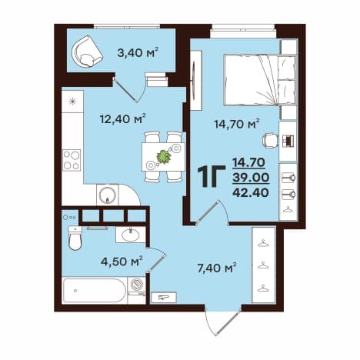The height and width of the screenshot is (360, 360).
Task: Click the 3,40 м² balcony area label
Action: (x=137, y=53)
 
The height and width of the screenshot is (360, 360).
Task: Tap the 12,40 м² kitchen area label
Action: (x=123, y=118)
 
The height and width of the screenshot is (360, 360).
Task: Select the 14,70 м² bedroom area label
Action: (x=237, y=125)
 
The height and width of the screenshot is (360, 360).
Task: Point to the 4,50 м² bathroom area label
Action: (x=122, y=262)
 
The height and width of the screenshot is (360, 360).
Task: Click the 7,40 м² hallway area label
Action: (x=217, y=268)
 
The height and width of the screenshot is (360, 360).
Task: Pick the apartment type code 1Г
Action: (x=212, y=177)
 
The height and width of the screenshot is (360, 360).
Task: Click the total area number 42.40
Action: (x=251, y=192)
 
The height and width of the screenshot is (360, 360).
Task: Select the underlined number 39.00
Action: (x=251, y=177)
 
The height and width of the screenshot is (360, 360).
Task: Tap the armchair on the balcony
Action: (x=87, y=52)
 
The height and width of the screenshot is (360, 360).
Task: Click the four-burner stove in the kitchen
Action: (x=72, y=160)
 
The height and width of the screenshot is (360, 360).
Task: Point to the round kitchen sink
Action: (x=108, y=195)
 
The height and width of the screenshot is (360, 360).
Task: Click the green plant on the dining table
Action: (x=164, y=157)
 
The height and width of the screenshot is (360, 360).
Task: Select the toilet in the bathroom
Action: (x=75, y=238)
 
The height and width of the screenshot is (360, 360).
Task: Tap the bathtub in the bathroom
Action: (x=95, y=291)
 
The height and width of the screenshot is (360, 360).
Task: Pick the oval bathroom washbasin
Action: (x=131, y=235)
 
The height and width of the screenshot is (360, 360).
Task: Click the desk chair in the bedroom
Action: (x=270, y=141)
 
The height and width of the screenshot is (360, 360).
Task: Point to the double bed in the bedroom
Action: (x=259, y=80)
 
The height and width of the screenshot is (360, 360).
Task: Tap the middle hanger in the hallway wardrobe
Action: (x=264, y=265)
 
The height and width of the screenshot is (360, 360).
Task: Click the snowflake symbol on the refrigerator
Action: (x=73, y=102)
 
